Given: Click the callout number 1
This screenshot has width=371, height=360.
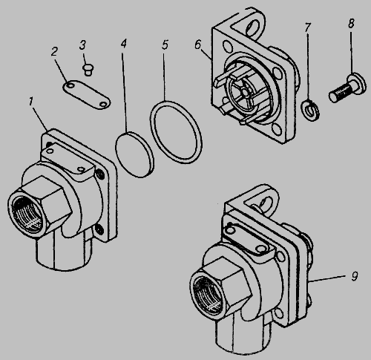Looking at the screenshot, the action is coord(30,102).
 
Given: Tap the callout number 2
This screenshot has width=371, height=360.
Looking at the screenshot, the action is coord(54,52).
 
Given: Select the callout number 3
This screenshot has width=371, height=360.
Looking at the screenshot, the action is coord(82,45).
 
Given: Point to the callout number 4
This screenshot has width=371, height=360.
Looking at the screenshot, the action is coord(124,43).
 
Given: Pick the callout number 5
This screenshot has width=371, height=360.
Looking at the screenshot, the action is coord(165,45).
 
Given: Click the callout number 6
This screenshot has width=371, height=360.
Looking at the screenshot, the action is coord(198,45).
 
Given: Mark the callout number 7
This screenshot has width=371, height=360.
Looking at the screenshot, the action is coord(307,27).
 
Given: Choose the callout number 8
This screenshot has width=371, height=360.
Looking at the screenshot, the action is coord(351,24).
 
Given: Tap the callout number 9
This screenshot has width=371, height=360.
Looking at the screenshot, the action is coord(355,276).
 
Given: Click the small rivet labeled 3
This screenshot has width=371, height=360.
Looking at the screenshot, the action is coord(87,70).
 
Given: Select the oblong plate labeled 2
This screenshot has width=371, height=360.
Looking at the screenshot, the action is coord(86,94).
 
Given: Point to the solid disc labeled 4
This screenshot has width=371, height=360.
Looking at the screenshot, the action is coord(135,154).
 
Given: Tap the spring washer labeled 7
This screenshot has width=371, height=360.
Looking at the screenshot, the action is coord(310,110).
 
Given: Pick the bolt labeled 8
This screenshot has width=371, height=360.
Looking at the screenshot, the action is coord(347,88).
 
